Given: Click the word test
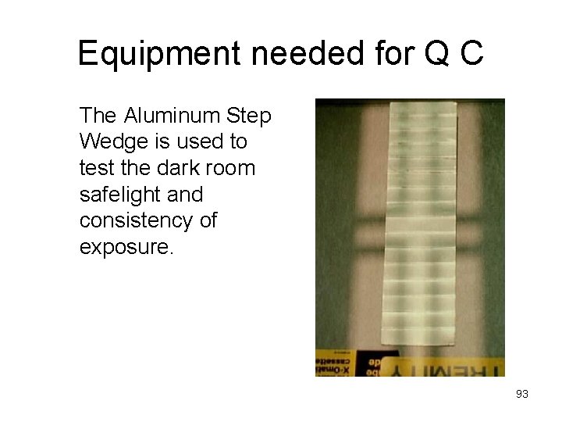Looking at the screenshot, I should (94, 168).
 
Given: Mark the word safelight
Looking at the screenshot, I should (120, 194).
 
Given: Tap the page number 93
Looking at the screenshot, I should (521, 394).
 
